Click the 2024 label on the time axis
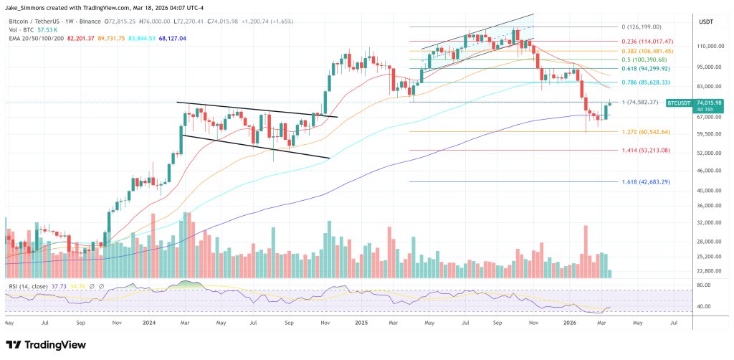pos(148,323)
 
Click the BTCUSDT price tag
pos(678,103)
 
